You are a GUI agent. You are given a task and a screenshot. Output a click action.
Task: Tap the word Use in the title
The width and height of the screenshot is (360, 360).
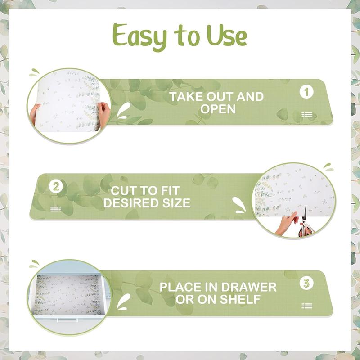(227, 36)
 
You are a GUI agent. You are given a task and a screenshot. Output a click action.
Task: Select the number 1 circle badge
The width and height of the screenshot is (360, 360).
(306, 92)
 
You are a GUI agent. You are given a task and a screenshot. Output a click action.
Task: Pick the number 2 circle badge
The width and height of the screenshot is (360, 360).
(56, 186)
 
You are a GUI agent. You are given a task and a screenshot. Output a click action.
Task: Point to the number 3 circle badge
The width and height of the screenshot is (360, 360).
(306, 283)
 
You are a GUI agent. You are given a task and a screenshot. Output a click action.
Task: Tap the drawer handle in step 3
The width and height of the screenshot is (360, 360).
(67, 319)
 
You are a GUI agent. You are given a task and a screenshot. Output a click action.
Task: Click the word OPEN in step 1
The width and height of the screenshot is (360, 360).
(218, 109)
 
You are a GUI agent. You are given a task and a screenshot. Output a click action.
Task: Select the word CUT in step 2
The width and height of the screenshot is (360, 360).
(123, 191)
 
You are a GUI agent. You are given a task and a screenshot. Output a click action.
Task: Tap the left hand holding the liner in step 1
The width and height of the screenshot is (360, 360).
(35, 114)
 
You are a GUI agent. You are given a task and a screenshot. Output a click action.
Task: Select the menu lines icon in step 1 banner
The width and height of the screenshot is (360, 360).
(307, 114)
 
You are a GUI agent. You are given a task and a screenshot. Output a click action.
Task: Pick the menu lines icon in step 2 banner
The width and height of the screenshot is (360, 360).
(55, 209)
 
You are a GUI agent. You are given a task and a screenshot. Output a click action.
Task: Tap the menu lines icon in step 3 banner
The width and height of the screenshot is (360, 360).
(307, 306)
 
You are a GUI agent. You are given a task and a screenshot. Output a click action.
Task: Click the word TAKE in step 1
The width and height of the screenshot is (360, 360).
(186, 97)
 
